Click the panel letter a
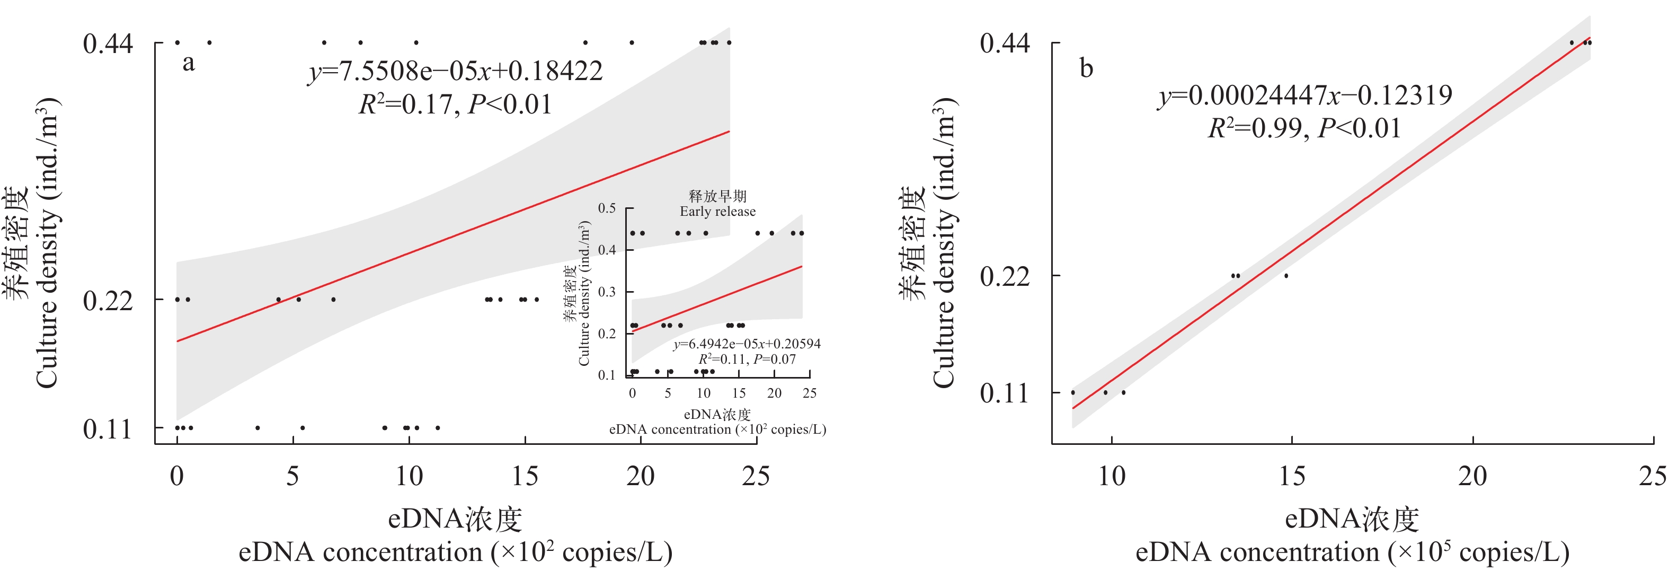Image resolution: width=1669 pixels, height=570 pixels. [x=189, y=64]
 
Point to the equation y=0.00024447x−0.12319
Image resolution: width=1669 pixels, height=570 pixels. [x=1305, y=96]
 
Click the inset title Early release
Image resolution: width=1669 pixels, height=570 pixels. [x=717, y=212]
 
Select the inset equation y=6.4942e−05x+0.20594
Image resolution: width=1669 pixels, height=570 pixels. [x=747, y=344]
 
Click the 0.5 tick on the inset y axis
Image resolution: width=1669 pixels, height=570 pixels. [x=607, y=208]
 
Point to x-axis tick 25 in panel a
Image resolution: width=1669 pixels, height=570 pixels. [x=756, y=477]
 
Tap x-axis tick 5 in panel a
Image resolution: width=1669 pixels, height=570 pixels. [x=293, y=477]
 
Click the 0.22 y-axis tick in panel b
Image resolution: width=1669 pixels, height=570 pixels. [x=1004, y=277]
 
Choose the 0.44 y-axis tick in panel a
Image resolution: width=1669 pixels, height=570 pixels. [x=108, y=44]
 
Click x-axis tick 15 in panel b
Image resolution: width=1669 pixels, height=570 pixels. [x=1292, y=477]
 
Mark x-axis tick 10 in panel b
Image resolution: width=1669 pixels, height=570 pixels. [x=1112, y=477]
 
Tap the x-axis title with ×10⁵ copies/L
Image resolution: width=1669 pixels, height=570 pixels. [x=1352, y=553]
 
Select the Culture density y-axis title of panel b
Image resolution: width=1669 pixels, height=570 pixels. [x=944, y=243]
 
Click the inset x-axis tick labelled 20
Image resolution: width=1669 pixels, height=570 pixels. [x=774, y=393]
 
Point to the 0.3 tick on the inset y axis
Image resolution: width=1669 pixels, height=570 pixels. [x=607, y=292]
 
